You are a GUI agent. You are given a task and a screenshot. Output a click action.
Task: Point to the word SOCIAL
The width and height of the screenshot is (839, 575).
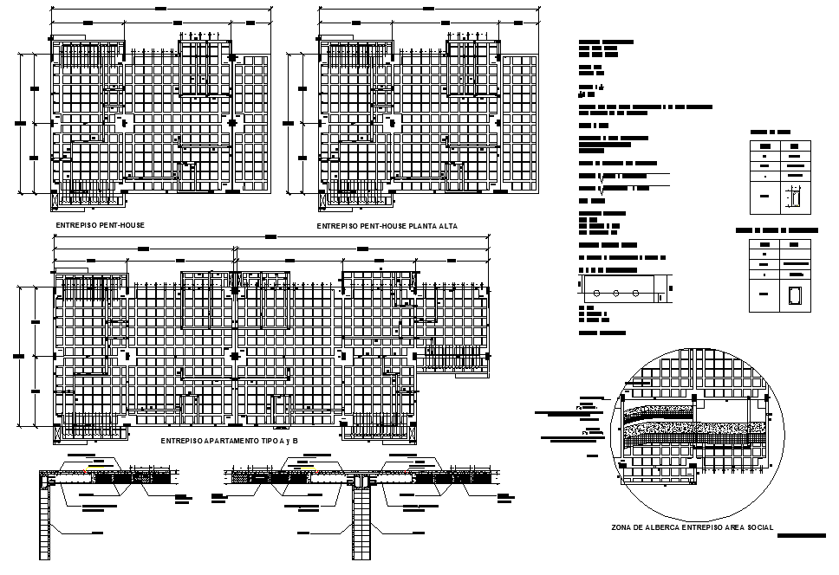coord(756,527)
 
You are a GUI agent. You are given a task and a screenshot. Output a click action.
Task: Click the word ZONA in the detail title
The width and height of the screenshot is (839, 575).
coord(620,527)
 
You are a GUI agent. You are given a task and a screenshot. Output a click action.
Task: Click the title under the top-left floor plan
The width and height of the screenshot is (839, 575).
coord(100,226)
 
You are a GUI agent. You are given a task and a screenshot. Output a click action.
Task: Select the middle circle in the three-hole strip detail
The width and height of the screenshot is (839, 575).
coord(615,293)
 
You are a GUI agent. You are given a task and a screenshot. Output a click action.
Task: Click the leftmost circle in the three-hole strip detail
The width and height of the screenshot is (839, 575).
coord(595,293)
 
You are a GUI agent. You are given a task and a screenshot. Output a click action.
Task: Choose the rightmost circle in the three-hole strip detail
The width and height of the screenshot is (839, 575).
coord(636,293)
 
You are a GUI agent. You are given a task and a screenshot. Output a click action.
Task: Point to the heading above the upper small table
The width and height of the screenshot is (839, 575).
coord(770,131)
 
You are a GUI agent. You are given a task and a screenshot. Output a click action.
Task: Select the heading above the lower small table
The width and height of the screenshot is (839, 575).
coord(777,231)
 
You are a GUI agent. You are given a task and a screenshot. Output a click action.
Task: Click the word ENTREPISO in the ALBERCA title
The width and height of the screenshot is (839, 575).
coord(704,527)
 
